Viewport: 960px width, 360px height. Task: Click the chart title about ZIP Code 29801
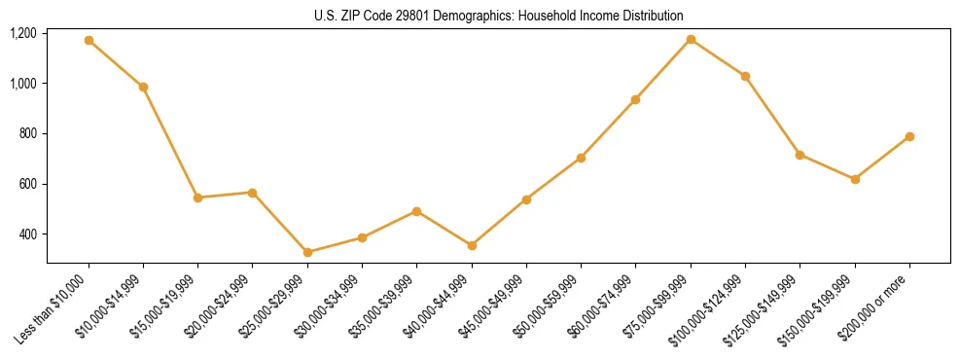coord(498,16)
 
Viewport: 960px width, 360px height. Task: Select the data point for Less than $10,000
coord(89,41)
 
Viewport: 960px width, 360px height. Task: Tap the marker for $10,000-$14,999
coord(143,87)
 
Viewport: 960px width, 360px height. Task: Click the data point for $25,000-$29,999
coord(307,252)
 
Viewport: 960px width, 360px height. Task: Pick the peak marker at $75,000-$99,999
coord(691,39)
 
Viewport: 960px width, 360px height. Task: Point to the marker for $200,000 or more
coord(909,136)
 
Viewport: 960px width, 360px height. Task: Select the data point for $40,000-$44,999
coord(472,245)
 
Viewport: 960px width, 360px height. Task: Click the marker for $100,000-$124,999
coord(745,76)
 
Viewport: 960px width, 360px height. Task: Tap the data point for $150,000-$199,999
coord(855,179)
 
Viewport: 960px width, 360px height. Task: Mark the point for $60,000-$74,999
coord(635,99)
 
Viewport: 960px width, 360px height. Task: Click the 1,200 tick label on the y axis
coord(23,33)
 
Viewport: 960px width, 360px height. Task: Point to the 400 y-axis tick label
coord(27,234)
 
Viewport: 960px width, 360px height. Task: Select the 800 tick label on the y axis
coord(27,133)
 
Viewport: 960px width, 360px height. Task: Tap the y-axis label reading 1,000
coord(23,84)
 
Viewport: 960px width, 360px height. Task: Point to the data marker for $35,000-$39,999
coord(416,211)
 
